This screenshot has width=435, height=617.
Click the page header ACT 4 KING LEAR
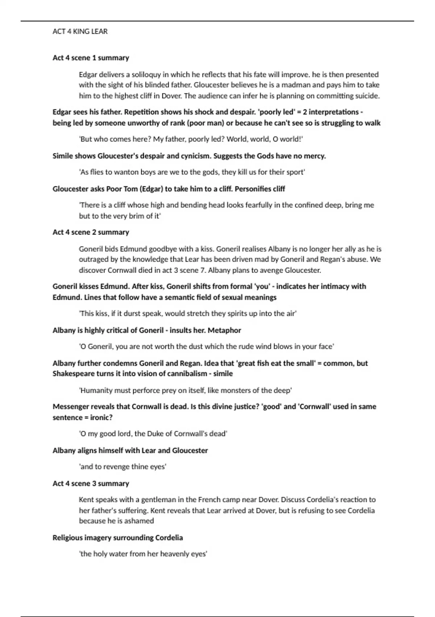(80, 32)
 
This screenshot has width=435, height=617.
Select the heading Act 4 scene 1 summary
(91, 58)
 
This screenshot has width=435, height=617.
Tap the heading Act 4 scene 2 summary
(91, 232)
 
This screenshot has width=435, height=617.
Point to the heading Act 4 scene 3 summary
(91, 483)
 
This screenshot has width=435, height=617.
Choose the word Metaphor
(224, 330)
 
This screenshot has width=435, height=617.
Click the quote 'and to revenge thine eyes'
(123, 466)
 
